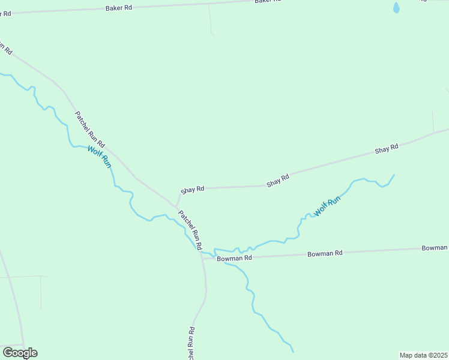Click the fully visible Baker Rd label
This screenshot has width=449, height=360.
[118, 8]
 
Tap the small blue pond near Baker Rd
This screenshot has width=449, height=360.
[396, 8]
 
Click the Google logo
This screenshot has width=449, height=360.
[20, 353]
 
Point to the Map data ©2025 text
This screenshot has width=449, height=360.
[423, 355]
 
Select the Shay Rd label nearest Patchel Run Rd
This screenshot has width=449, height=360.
[192, 189]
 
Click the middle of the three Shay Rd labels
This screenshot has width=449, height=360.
[278, 180]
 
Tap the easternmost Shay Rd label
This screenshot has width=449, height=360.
[387, 148]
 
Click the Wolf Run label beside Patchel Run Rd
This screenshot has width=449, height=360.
[99, 157]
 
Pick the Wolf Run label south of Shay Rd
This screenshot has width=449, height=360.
[327, 206]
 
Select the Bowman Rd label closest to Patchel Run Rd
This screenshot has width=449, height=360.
[234, 258]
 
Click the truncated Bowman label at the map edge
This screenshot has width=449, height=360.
[435, 248]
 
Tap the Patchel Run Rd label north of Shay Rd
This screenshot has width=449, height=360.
[89, 130]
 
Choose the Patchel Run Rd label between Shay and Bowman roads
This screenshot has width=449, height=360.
[190, 229]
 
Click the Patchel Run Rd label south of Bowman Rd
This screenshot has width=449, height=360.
[191, 343]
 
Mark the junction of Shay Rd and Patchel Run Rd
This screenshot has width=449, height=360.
[176, 206]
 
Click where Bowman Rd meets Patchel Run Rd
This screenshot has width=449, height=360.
[202, 259]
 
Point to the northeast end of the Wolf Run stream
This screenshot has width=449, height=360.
[394, 175]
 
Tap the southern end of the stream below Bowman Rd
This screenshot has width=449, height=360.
[293, 352]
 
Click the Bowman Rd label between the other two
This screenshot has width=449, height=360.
[324, 254]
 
